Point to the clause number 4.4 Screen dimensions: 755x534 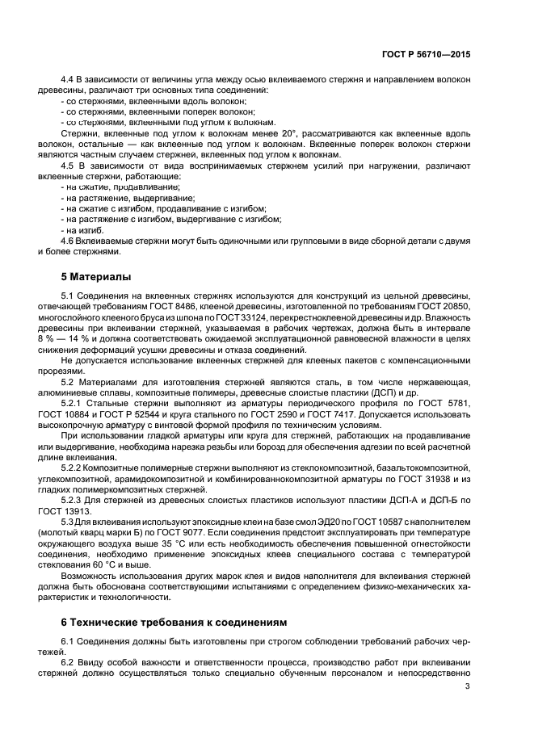point(70,80)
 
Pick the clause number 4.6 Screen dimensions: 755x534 point(70,241)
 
